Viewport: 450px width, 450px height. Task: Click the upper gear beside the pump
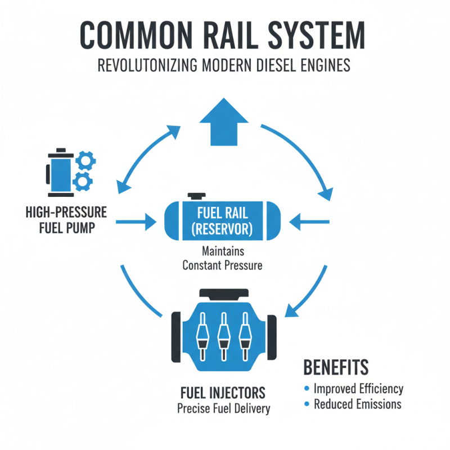[x=85, y=161]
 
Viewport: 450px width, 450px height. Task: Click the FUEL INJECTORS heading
[x=223, y=392]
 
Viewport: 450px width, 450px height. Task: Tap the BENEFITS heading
[x=336, y=367]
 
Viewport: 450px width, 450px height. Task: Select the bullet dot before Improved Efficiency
[x=307, y=389]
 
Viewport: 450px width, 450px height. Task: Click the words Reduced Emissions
[x=357, y=404]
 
